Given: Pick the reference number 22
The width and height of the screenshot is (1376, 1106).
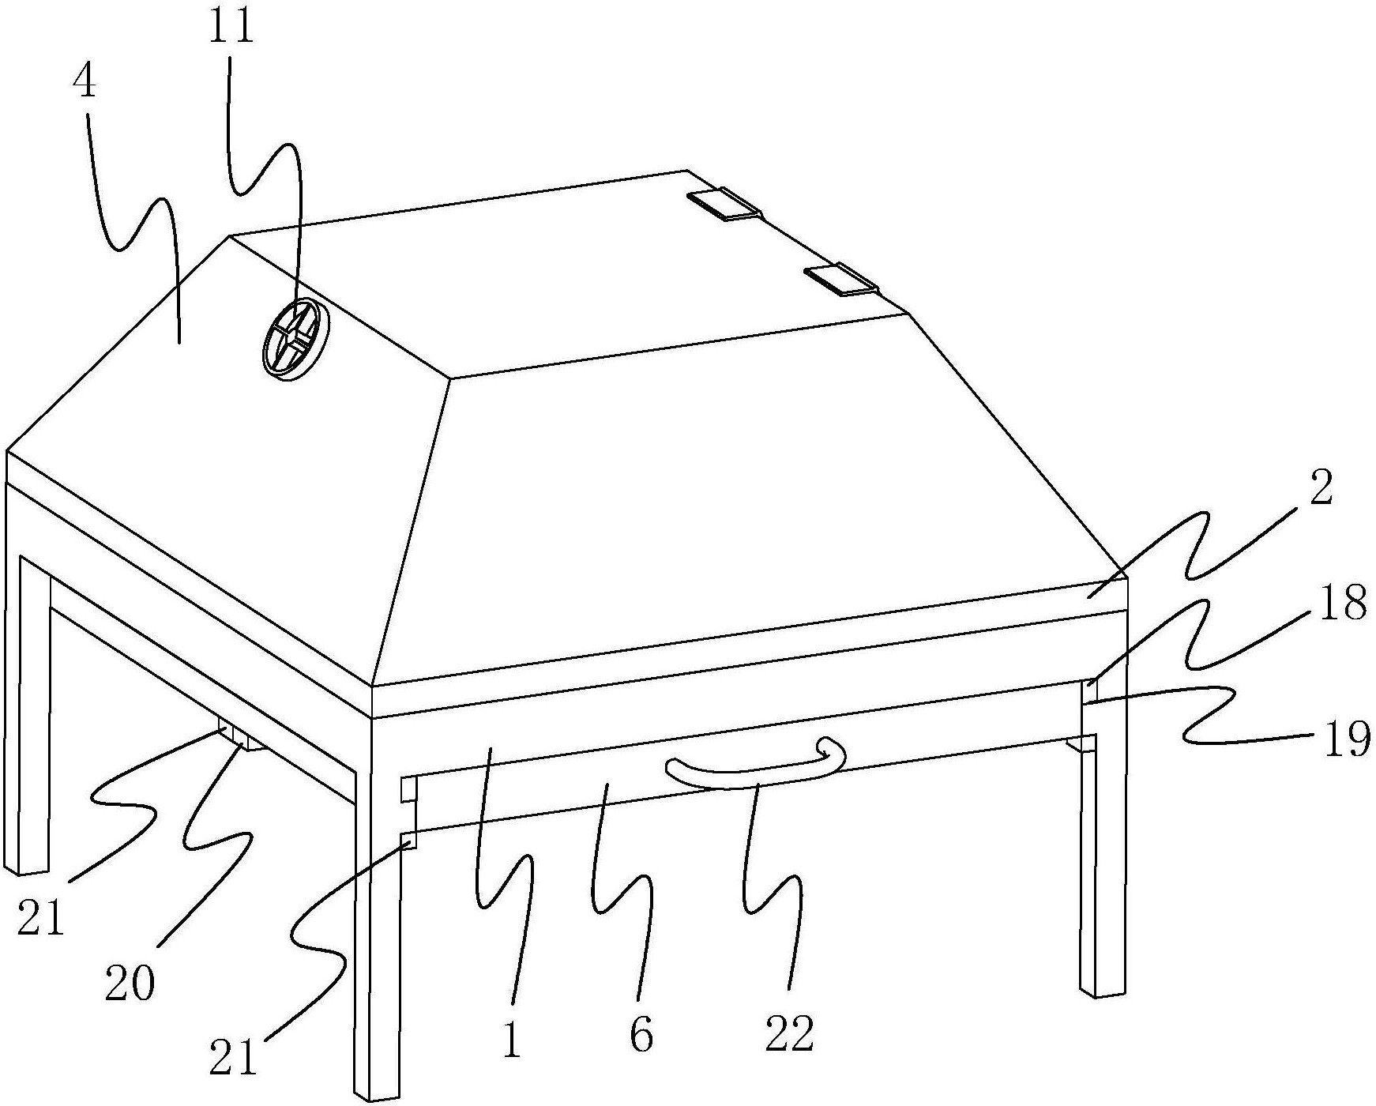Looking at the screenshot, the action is point(789,1033).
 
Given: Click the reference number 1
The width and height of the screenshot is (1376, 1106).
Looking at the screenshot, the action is point(513,1041).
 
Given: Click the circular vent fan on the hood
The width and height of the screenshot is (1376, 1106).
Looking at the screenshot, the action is point(289,340).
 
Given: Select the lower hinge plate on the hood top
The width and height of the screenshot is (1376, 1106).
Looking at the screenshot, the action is point(840,279).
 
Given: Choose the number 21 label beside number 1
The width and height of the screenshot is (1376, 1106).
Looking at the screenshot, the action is point(234,1057).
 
